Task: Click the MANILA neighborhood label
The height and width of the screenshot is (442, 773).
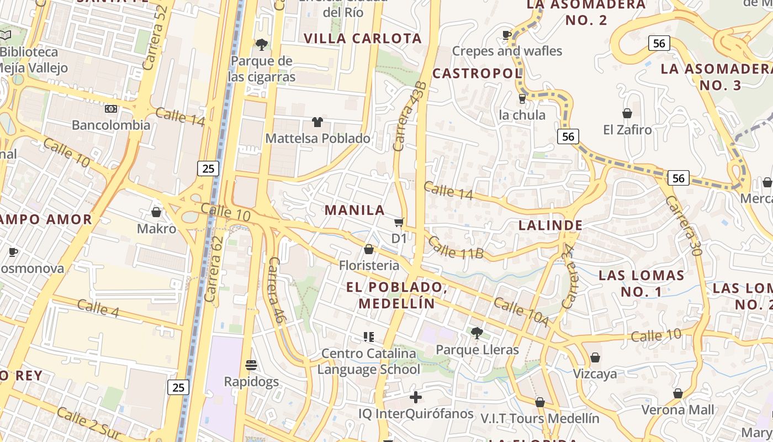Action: coord(354,210)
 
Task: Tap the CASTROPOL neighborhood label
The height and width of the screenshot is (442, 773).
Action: coord(476,73)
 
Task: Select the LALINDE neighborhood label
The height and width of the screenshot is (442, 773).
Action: coord(550,225)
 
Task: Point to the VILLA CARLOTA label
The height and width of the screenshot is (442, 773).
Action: coord(363,39)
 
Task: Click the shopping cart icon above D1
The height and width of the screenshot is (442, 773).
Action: coord(399,223)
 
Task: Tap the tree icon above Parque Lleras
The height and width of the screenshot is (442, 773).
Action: coord(476,333)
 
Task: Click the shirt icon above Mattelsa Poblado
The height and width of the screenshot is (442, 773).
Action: coord(317,122)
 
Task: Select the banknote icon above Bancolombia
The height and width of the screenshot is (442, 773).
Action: coord(111,109)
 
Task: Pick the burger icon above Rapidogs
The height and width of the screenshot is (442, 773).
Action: coord(251,365)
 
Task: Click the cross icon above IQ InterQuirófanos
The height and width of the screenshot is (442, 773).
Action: coord(416,397)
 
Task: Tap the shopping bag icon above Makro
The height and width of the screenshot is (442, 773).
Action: coord(156,212)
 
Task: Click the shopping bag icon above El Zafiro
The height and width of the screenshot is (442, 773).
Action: coord(627,114)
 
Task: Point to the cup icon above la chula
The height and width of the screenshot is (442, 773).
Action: coord(522,99)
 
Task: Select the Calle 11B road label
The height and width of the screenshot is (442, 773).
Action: coord(456,247)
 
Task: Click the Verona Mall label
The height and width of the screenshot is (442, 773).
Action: coord(677,410)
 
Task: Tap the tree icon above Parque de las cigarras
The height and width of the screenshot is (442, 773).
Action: coord(261,44)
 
